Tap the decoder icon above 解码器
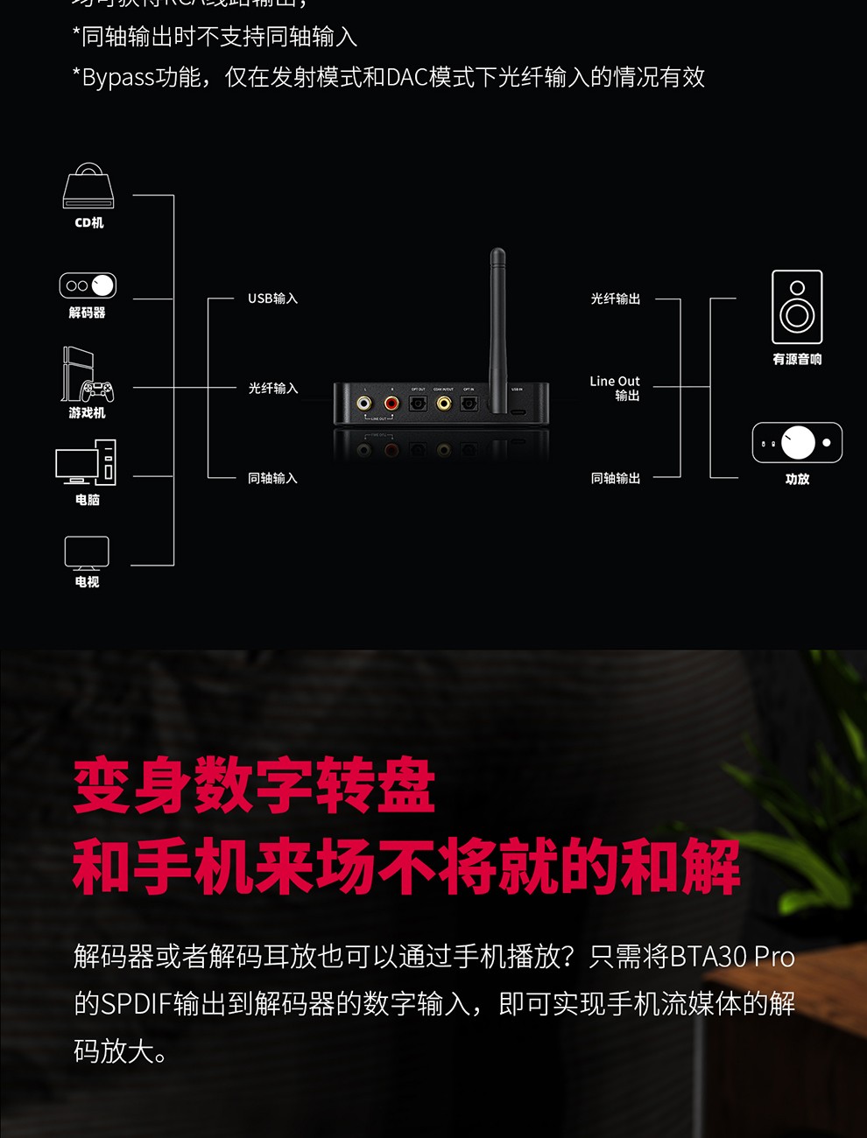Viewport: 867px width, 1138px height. coord(88,285)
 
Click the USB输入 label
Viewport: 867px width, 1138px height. coord(272,299)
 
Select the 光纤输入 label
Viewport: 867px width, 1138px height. coord(272,388)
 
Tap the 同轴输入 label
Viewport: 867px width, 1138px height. coord(272,478)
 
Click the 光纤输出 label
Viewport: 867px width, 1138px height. coord(615,299)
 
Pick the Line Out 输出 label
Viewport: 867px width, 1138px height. coord(615,388)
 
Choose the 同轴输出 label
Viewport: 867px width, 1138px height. coord(615,478)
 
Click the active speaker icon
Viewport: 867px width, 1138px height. coord(797,306)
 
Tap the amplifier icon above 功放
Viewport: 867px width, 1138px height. coord(797,442)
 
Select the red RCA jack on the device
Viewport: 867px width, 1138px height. coord(391,404)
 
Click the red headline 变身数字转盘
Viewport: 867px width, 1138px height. coord(254,785)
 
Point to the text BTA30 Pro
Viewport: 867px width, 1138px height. coord(731,956)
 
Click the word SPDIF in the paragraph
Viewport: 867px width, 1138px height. coord(136,1003)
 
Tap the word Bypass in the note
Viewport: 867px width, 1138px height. coord(117,77)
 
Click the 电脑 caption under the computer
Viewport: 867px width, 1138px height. coord(87,500)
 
